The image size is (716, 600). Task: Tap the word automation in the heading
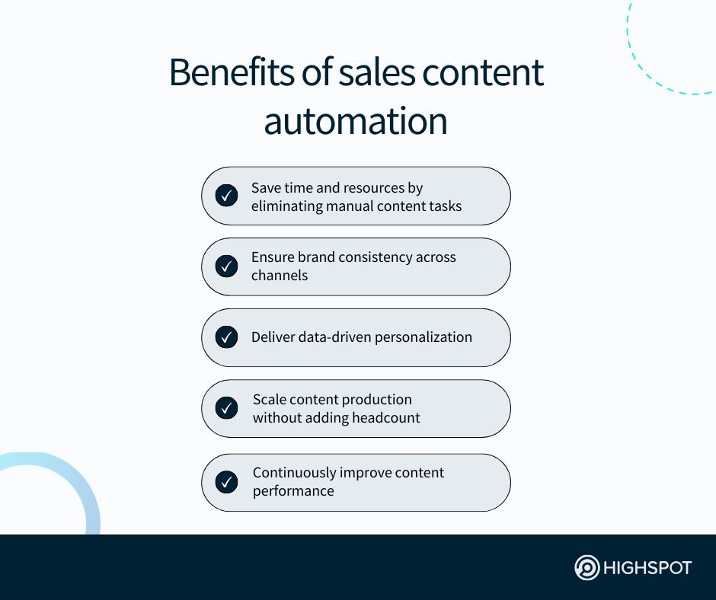[x=356, y=121]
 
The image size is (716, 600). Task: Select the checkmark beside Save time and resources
[x=226, y=196]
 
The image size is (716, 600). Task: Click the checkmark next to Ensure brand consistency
[x=226, y=266]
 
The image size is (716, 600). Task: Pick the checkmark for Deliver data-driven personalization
[x=226, y=337]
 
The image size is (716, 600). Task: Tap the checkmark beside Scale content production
[x=226, y=408]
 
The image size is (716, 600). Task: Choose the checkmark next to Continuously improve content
[x=226, y=482]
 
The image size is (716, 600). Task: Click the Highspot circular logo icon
[x=587, y=567]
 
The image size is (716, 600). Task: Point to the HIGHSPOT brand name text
[x=647, y=568]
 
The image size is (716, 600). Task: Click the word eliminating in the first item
[x=287, y=206]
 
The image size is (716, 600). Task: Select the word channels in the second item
[x=280, y=276]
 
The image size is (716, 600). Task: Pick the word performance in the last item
[x=293, y=491]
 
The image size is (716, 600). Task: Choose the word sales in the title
[x=377, y=72]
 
